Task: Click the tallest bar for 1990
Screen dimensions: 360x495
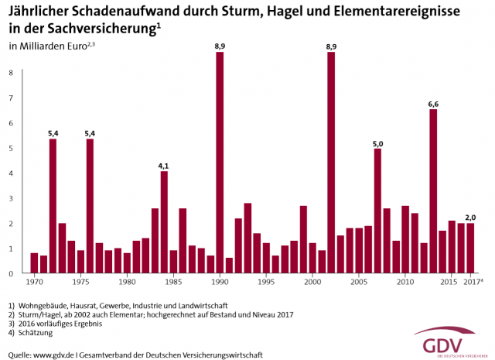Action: [220, 163]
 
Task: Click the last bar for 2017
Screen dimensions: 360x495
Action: [470, 249]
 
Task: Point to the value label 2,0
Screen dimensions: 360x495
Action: [470, 217]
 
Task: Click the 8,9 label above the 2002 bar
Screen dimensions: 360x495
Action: [331, 46]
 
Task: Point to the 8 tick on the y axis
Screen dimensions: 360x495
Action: [11, 73]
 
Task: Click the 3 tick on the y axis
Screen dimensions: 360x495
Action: [11, 199]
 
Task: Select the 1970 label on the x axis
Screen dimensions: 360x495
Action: [34, 282]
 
